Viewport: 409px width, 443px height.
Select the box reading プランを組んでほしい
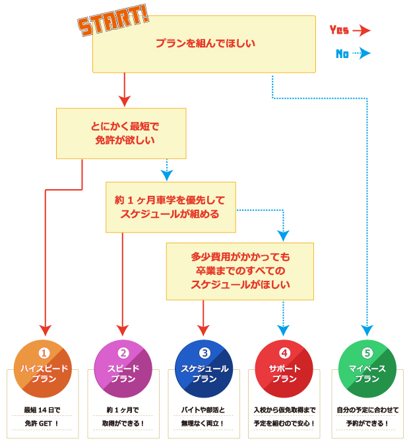(x=204, y=44)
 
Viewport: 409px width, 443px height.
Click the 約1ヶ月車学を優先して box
(x=170, y=206)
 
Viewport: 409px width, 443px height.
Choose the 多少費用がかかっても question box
(x=240, y=271)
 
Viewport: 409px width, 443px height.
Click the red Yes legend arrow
(x=362, y=30)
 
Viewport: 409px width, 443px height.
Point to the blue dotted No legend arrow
(x=362, y=54)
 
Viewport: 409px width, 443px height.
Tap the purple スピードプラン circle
(x=123, y=369)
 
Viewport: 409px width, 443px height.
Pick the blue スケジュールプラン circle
(x=204, y=369)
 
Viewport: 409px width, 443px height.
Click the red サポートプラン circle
(x=284, y=369)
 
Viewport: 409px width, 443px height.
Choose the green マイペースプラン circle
(x=367, y=369)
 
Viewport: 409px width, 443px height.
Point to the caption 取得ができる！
(x=123, y=423)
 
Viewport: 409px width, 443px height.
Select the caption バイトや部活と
(x=204, y=409)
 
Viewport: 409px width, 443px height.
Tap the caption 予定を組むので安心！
(x=284, y=423)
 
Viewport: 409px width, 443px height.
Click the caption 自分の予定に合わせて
(x=367, y=409)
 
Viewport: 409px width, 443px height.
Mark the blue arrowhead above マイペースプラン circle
(x=367, y=329)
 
